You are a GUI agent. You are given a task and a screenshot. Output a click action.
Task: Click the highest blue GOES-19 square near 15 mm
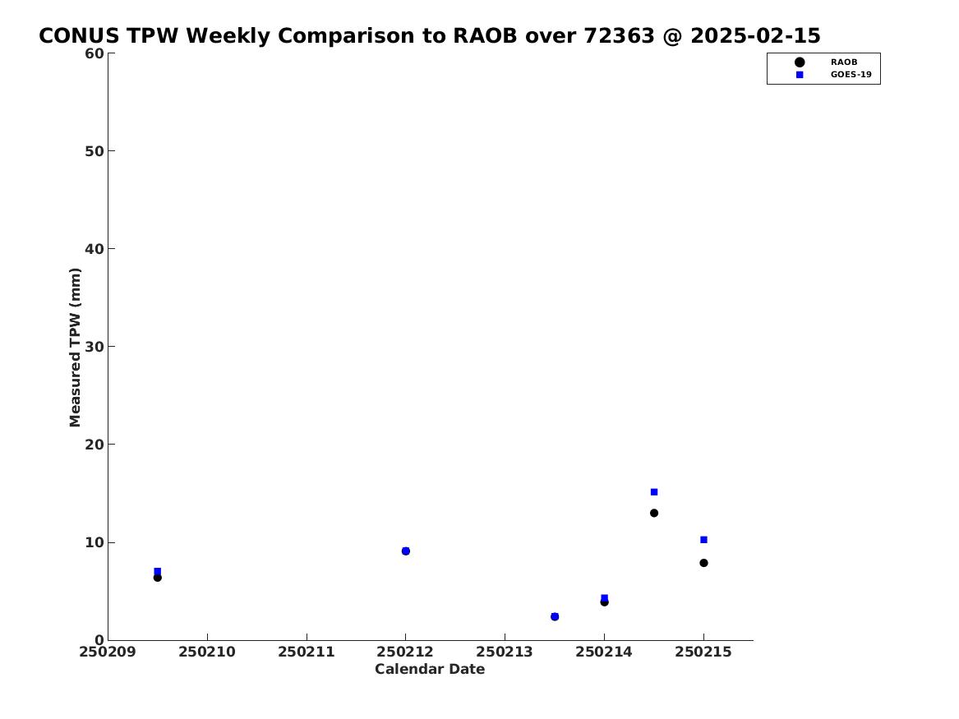coord(654,492)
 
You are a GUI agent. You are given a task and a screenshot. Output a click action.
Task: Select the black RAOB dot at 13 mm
coord(654,513)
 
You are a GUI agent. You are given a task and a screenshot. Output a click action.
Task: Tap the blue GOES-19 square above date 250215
coord(703,540)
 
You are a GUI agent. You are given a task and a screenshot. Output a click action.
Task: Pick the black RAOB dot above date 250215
coord(703,563)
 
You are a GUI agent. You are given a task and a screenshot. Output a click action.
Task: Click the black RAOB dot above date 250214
coord(604,602)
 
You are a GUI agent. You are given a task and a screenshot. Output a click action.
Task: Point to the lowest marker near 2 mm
coord(555,616)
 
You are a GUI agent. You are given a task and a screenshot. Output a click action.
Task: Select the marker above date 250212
coord(405,551)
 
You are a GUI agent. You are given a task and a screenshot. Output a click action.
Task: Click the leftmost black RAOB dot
coord(157,577)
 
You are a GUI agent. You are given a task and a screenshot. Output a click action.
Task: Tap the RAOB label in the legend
coord(843,62)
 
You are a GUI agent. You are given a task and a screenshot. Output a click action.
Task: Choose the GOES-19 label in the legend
coord(851,75)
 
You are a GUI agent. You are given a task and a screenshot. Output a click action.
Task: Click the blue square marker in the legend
coord(800,75)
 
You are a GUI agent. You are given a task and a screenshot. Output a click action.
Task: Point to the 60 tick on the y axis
coord(111,53)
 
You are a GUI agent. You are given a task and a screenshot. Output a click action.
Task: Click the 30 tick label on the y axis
coord(95,347)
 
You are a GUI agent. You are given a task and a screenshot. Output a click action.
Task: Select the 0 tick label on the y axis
coord(99,640)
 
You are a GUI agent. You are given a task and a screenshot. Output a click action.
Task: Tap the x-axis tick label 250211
coord(307,652)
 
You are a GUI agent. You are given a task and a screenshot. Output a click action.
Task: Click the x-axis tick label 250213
coord(505,652)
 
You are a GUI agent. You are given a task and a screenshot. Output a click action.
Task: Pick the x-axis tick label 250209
coord(108,652)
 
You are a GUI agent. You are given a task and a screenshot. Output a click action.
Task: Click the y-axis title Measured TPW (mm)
coord(75,348)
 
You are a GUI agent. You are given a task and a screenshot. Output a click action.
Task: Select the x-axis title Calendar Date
coord(430,670)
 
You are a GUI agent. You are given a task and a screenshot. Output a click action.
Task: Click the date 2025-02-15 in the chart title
coord(755,36)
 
